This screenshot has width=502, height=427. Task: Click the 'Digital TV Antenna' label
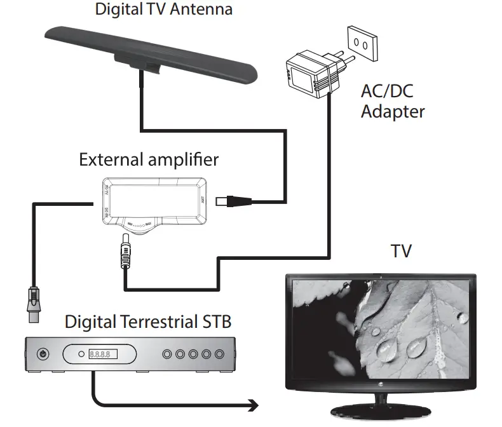[163, 9]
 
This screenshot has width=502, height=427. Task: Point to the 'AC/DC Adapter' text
[392, 101]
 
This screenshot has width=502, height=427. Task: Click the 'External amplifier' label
[149, 159]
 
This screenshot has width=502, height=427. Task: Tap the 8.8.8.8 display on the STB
[102, 354]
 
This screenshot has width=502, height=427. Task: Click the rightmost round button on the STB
[219, 354]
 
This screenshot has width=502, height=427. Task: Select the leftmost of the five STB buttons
[167, 354]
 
